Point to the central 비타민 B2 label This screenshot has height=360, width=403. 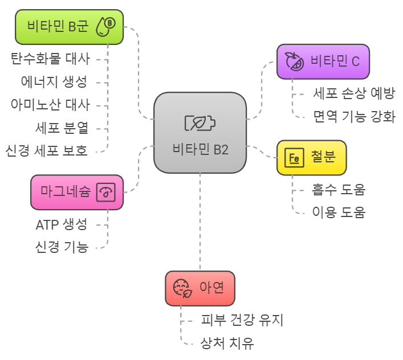[x=200, y=149]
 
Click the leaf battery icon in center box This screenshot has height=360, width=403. [x=200, y=123]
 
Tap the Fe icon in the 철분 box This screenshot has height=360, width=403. [x=294, y=158]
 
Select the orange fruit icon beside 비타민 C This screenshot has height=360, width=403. [x=294, y=62]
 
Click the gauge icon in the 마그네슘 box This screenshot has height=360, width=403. [x=106, y=193]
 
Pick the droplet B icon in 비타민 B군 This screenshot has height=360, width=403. [x=105, y=26]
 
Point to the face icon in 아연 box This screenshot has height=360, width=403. [x=182, y=288]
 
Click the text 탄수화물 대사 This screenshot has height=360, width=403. [x=50, y=58]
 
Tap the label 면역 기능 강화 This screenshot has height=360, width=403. [x=353, y=117]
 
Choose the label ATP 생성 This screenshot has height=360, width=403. [x=61, y=224]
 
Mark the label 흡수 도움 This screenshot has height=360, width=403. [x=339, y=189]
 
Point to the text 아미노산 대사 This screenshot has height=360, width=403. [x=50, y=105]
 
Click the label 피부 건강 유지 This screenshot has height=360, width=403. [x=242, y=321]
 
